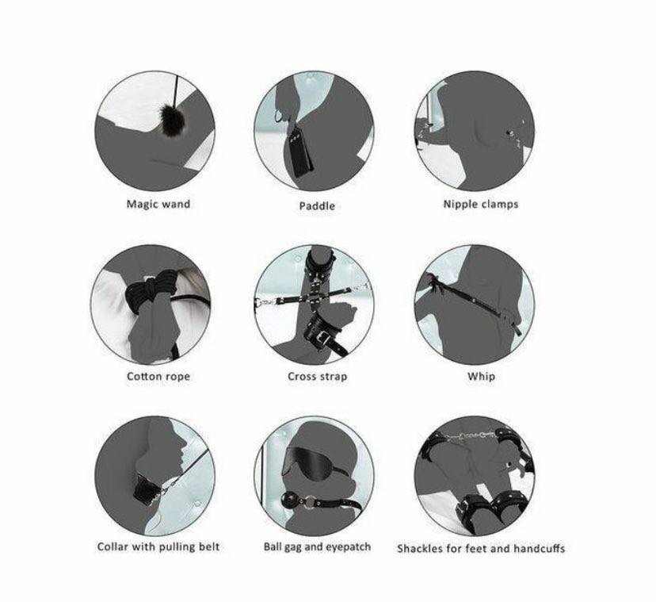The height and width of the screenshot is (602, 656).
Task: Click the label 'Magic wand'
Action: click(x=158, y=205)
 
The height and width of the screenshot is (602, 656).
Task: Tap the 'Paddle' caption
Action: click(x=317, y=205)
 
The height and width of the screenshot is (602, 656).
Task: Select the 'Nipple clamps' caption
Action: click(x=481, y=205)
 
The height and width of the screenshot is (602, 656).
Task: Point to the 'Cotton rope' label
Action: click(x=158, y=376)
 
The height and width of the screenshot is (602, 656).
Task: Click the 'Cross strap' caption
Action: click(x=317, y=376)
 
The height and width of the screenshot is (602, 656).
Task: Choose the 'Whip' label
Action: click(x=481, y=376)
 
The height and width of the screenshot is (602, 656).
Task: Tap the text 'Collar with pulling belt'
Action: click(x=158, y=546)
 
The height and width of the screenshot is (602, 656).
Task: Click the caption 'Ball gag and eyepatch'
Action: click(x=317, y=546)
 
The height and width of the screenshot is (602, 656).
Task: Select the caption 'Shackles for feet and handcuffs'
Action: click(x=481, y=548)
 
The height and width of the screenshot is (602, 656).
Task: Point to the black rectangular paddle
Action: click(x=300, y=152)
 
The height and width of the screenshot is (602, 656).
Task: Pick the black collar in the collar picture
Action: click(x=147, y=487)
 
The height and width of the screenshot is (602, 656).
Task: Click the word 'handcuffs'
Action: click(x=540, y=548)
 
